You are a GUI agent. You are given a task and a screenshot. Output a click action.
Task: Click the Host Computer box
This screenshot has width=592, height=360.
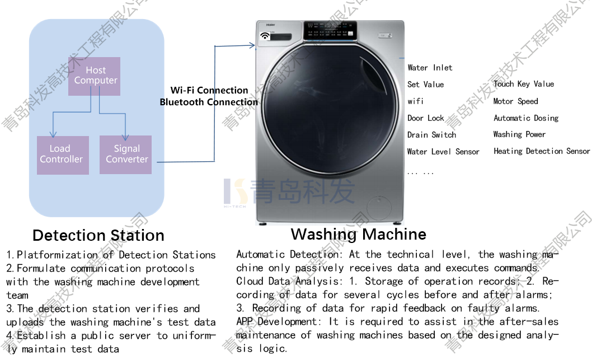95,76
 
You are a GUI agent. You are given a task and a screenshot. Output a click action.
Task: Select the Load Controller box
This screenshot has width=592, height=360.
61,154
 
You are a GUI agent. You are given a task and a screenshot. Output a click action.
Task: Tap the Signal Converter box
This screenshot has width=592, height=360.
126,154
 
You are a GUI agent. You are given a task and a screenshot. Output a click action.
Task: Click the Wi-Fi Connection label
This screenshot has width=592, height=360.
209,90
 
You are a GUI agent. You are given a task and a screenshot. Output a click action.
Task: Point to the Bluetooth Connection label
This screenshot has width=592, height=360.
209,102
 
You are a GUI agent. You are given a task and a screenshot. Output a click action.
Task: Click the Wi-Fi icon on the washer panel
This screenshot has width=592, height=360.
265,36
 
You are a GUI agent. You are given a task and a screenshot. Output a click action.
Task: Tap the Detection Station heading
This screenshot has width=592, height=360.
98,235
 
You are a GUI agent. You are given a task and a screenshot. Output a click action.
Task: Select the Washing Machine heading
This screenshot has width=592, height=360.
358,234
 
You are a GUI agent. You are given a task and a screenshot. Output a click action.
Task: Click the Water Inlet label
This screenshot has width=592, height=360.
430,68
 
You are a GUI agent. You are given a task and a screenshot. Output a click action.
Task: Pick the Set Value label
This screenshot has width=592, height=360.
425,85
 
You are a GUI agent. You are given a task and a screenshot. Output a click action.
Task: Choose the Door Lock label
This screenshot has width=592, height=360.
425,118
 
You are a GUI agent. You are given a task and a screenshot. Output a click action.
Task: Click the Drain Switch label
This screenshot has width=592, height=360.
431,135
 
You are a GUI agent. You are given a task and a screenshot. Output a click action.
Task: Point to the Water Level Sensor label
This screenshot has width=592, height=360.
443,152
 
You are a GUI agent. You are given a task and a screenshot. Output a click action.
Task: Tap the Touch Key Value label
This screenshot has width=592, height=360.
524,84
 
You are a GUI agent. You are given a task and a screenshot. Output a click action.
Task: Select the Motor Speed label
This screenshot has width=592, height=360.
515,101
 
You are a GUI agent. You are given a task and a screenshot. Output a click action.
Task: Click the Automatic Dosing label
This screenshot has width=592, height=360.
526,118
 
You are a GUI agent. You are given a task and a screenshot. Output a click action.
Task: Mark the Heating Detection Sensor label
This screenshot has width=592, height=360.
542,151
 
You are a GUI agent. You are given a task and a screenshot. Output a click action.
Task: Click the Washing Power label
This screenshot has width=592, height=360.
519,134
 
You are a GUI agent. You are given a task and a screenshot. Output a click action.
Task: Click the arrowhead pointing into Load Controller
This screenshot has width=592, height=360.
52,134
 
